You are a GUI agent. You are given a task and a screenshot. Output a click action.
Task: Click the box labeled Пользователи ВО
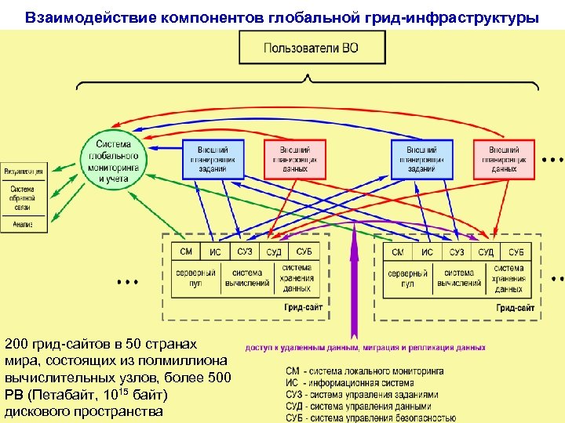point(312,48)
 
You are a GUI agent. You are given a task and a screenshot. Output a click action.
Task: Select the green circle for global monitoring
point(114,161)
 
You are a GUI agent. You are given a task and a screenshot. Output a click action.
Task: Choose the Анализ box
point(23,224)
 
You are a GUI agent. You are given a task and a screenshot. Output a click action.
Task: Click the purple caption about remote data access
point(366,347)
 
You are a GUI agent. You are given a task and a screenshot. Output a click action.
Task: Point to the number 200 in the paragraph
point(18,345)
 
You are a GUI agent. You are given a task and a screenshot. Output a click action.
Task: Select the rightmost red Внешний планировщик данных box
point(503,159)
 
